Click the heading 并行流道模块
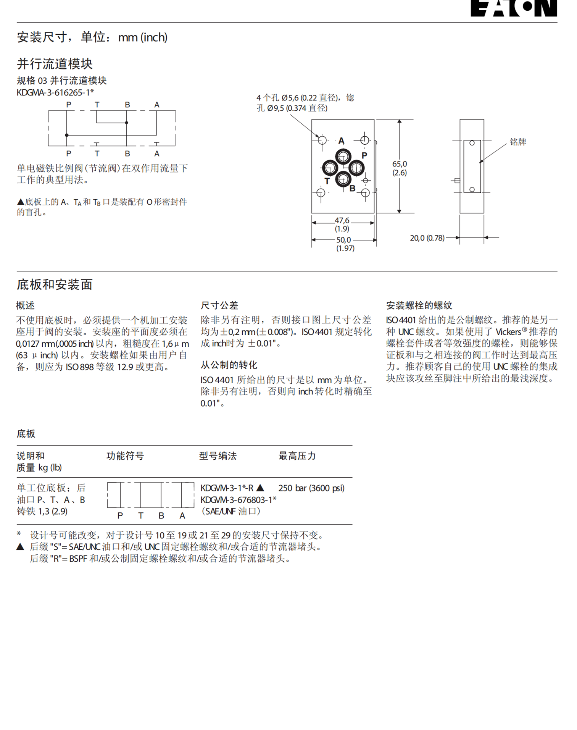[55, 64]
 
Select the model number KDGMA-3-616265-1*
[55, 92]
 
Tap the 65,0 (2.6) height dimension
[400, 168]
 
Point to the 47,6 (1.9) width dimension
[342, 224]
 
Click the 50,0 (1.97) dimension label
[345, 244]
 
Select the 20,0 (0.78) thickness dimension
[427, 238]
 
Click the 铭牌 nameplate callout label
[518, 142]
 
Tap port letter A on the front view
[341, 141]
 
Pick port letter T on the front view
[327, 181]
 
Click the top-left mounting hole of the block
[322, 140]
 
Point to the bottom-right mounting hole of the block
[365, 193]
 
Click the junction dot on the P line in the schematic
[67, 135]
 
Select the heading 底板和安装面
[55, 284]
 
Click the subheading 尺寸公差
[219, 305]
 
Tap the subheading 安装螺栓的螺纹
[419, 305]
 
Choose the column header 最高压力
[297, 456]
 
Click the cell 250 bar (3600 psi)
[311, 488]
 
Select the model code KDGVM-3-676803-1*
[238, 500]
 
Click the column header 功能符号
[125, 456]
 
